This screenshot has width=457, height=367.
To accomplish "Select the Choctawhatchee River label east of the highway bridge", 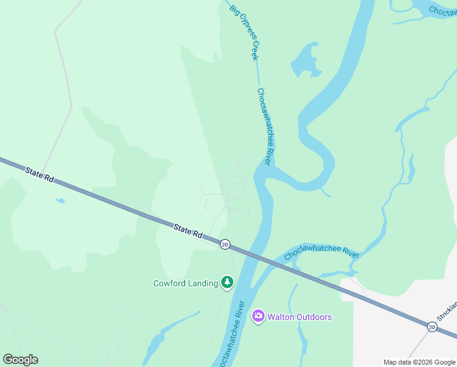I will click(321, 253).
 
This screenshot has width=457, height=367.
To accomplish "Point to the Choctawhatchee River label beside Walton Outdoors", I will click(232, 334).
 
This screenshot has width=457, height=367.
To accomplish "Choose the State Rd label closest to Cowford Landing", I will click(188, 231).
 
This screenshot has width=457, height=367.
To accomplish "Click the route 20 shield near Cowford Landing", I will click(225, 244).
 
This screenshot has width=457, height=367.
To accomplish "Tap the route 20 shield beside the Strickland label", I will click(432, 327).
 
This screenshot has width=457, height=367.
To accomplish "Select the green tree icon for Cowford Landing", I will click(227, 282).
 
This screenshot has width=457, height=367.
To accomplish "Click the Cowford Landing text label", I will click(185, 283).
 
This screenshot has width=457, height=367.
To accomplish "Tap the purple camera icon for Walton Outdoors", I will click(258, 316).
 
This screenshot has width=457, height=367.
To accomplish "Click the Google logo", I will click(21, 360).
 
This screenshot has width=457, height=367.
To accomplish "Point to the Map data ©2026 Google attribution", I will click(419, 362).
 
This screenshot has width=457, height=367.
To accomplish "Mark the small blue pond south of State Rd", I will click(60, 201).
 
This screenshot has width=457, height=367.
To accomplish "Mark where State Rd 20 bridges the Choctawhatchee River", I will click(257, 256).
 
